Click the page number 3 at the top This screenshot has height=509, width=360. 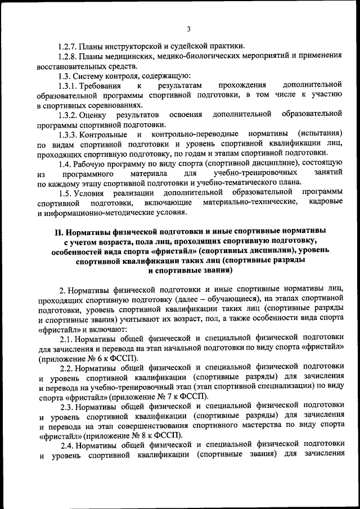pyautogui.click(x=188, y=29)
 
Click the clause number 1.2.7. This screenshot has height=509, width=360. pyautogui.click(x=69, y=46)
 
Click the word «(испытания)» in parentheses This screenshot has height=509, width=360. pyautogui.click(x=320, y=134)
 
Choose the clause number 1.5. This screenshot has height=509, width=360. pyautogui.click(x=65, y=193)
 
